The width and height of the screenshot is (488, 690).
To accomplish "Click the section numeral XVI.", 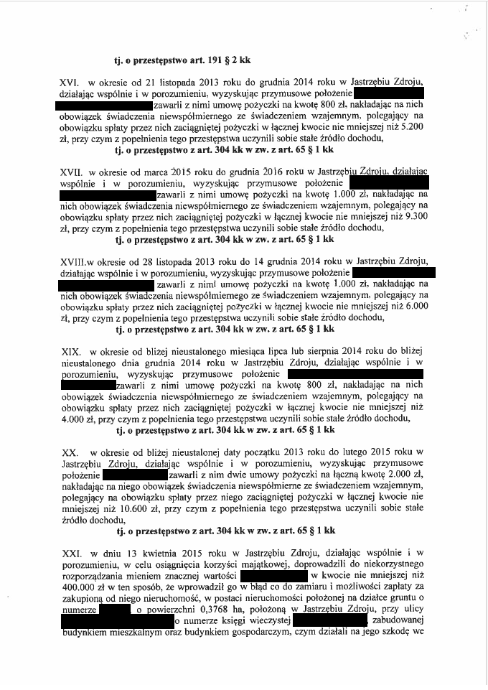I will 70,84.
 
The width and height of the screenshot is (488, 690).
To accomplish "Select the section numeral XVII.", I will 72,172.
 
